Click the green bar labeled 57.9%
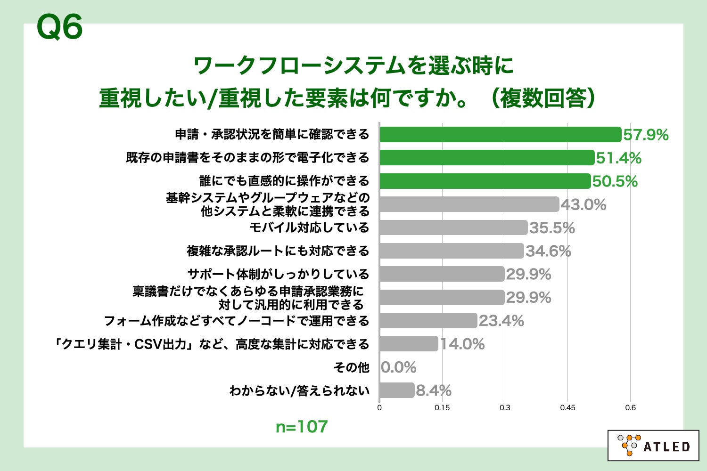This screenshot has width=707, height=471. [x=500, y=135]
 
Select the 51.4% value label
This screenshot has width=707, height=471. [x=618, y=158]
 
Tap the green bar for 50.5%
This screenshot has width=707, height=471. [x=485, y=181]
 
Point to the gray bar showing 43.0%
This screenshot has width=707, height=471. [x=469, y=204]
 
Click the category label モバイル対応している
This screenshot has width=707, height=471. [x=309, y=227]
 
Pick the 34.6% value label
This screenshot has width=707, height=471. [x=548, y=251]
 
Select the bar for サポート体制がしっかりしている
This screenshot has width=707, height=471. [x=442, y=274]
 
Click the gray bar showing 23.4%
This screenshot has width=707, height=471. [x=428, y=321]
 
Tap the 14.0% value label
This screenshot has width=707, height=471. [x=462, y=344]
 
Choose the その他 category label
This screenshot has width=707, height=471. [x=351, y=367]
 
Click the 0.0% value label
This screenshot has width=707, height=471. [x=399, y=367]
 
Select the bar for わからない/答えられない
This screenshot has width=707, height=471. [x=396, y=390]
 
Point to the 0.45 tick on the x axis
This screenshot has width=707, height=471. [x=567, y=408]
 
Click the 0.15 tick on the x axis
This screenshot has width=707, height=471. [x=442, y=408]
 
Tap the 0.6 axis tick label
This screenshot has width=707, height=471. [x=630, y=408]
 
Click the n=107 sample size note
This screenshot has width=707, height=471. [x=302, y=427]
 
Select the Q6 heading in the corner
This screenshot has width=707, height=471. [x=59, y=27]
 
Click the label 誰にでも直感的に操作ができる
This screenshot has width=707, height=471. [x=284, y=181]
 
